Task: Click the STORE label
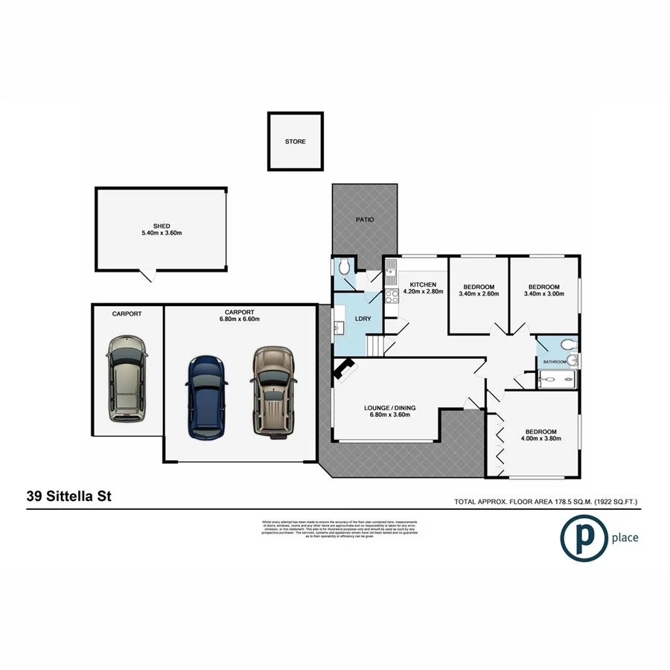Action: tap(295, 141)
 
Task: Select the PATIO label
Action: tap(364, 220)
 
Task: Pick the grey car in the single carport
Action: tap(127, 379)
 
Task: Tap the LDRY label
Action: tap(364, 319)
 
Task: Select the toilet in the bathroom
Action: tap(568, 345)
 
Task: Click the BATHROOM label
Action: tap(555, 362)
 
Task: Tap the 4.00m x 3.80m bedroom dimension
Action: tap(540, 439)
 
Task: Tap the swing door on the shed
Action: tap(150, 275)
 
